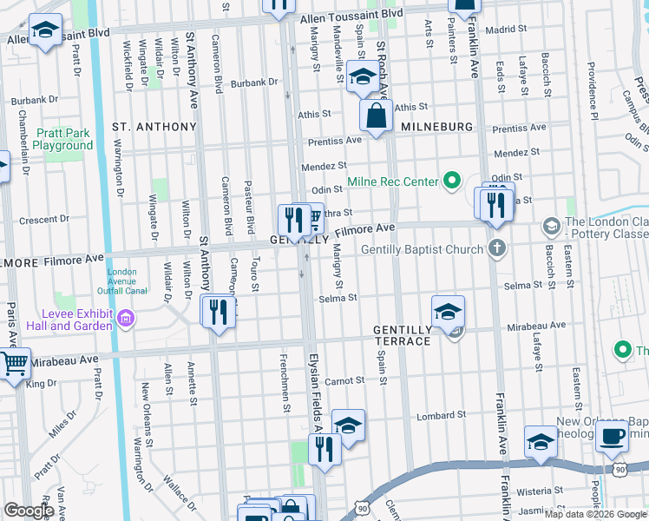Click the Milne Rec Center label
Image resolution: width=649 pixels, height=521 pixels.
tap(394, 182)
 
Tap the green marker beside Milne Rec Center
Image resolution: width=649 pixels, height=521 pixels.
tap(451, 181)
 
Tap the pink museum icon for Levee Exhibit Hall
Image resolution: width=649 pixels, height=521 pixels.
tap(127, 319)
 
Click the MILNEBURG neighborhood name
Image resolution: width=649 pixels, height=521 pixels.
tap(437, 127)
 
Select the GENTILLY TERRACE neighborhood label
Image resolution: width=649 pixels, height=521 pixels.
tap(403, 336)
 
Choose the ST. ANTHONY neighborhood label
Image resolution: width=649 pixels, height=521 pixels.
tap(154, 127)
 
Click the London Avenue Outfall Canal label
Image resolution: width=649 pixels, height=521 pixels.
tap(123, 283)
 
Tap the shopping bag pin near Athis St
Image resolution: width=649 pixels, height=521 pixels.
tap(376, 116)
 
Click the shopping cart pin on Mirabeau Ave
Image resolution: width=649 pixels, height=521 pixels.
tap(14, 364)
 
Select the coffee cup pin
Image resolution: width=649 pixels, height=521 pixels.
tap(613, 437)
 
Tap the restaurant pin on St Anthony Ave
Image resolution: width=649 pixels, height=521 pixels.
tap(218, 312)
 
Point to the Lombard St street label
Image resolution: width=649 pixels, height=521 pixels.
tap(446, 415)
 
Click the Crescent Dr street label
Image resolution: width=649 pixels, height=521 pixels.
tap(38, 220)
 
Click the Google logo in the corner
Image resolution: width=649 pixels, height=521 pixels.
tap(29, 510)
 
